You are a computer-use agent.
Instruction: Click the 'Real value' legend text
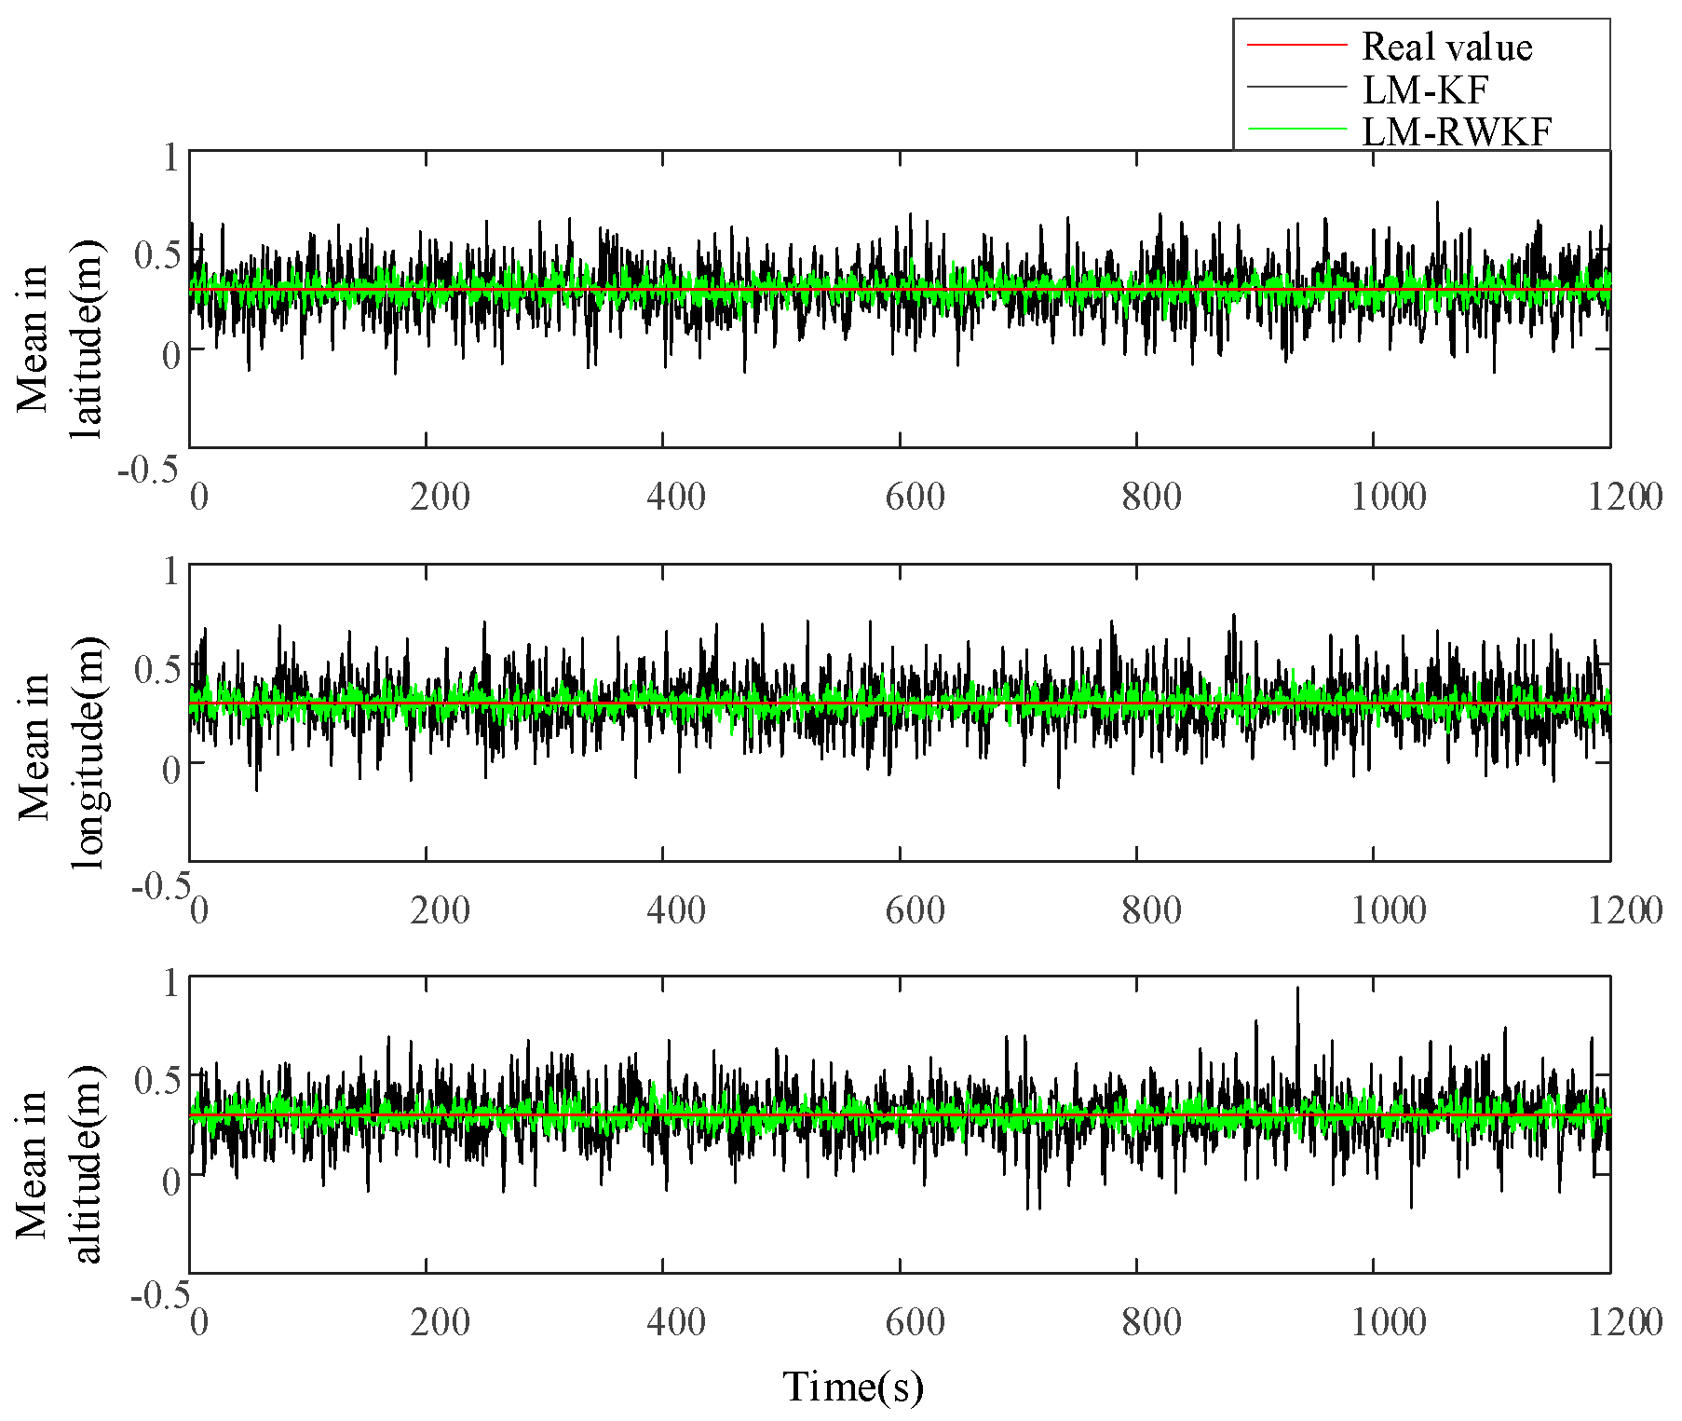[x=1446, y=47]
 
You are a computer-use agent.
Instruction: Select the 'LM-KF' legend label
[x=1425, y=89]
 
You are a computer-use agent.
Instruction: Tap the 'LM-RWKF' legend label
[x=1457, y=131]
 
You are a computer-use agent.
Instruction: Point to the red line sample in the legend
[x=1296, y=45]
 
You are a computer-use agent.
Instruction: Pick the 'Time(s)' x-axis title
[x=852, y=1387]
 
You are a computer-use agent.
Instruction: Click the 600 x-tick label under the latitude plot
[x=915, y=497]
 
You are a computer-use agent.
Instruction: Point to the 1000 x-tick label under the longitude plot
[x=1388, y=910]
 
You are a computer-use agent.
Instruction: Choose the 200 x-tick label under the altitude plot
[x=440, y=1322]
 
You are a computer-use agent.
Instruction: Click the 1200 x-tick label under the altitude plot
[x=1625, y=1322]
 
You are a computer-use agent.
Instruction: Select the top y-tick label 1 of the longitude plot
[x=170, y=570]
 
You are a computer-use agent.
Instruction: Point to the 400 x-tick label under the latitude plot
[x=676, y=497]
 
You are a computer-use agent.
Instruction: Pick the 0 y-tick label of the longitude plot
[x=170, y=770]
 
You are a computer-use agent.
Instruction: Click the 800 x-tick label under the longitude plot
[x=1151, y=910]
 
